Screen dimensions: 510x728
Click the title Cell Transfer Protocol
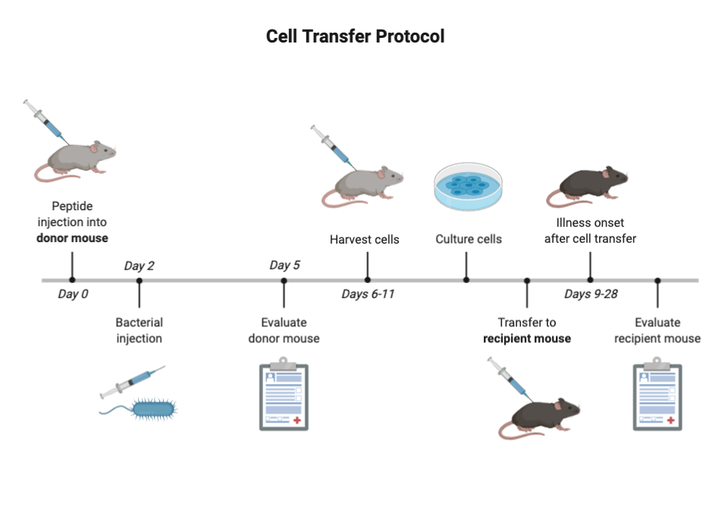[x=355, y=36]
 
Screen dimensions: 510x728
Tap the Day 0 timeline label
[x=73, y=294]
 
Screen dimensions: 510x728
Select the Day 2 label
[x=139, y=266]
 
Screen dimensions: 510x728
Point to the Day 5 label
[x=284, y=265]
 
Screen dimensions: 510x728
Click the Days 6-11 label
[x=368, y=294]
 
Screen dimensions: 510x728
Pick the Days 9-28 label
[x=591, y=294]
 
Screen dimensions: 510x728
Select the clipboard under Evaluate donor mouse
[x=284, y=394]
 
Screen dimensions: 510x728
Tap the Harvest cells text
[x=364, y=240]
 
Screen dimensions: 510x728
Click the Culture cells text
[x=468, y=240]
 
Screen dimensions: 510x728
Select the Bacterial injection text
[x=139, y=329]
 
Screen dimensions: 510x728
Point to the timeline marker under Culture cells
[x=466, y=279]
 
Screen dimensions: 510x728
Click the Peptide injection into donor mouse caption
[x=73, y=222]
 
